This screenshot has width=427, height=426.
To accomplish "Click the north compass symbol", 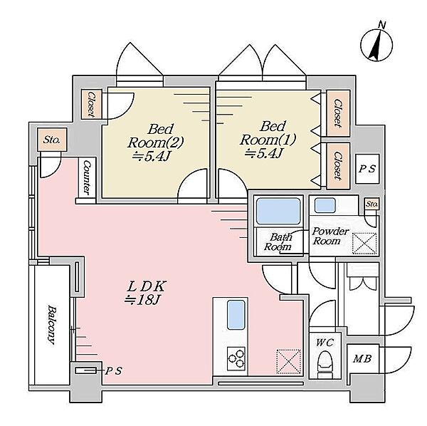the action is coord(376,45).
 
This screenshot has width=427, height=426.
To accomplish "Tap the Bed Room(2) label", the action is coord(155,142).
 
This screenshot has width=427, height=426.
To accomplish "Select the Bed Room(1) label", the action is coord(267,140).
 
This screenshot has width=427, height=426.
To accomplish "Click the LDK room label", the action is coord(145,293).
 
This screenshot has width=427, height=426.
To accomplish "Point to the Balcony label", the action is coord(52,325).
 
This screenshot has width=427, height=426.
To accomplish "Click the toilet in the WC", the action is coord(325,364).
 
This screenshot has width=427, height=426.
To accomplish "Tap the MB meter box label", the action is coord(362,358).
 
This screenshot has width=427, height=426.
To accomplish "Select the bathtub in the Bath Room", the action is coord(278,212).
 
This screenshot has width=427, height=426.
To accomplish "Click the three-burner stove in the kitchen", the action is coord(236,358).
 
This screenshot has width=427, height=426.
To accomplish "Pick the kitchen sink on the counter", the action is coord(236,315).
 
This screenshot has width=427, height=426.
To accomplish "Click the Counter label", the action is coord(87,177).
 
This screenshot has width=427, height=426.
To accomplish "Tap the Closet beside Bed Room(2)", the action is coord(91,104).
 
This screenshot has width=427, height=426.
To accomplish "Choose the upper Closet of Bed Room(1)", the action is coord(338,113).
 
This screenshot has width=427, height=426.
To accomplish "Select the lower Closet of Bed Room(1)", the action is coord(338,166).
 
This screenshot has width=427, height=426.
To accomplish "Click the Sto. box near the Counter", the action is coord(52,140).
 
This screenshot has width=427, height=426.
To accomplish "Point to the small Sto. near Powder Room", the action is coord(371,204).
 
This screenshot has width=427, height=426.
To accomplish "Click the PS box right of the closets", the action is coord(367,169).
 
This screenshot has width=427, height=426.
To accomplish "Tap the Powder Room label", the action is coord(330,236).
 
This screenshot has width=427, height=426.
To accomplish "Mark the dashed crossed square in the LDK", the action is coord(289,361).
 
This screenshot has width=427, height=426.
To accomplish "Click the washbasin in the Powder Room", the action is coord(325,205).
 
